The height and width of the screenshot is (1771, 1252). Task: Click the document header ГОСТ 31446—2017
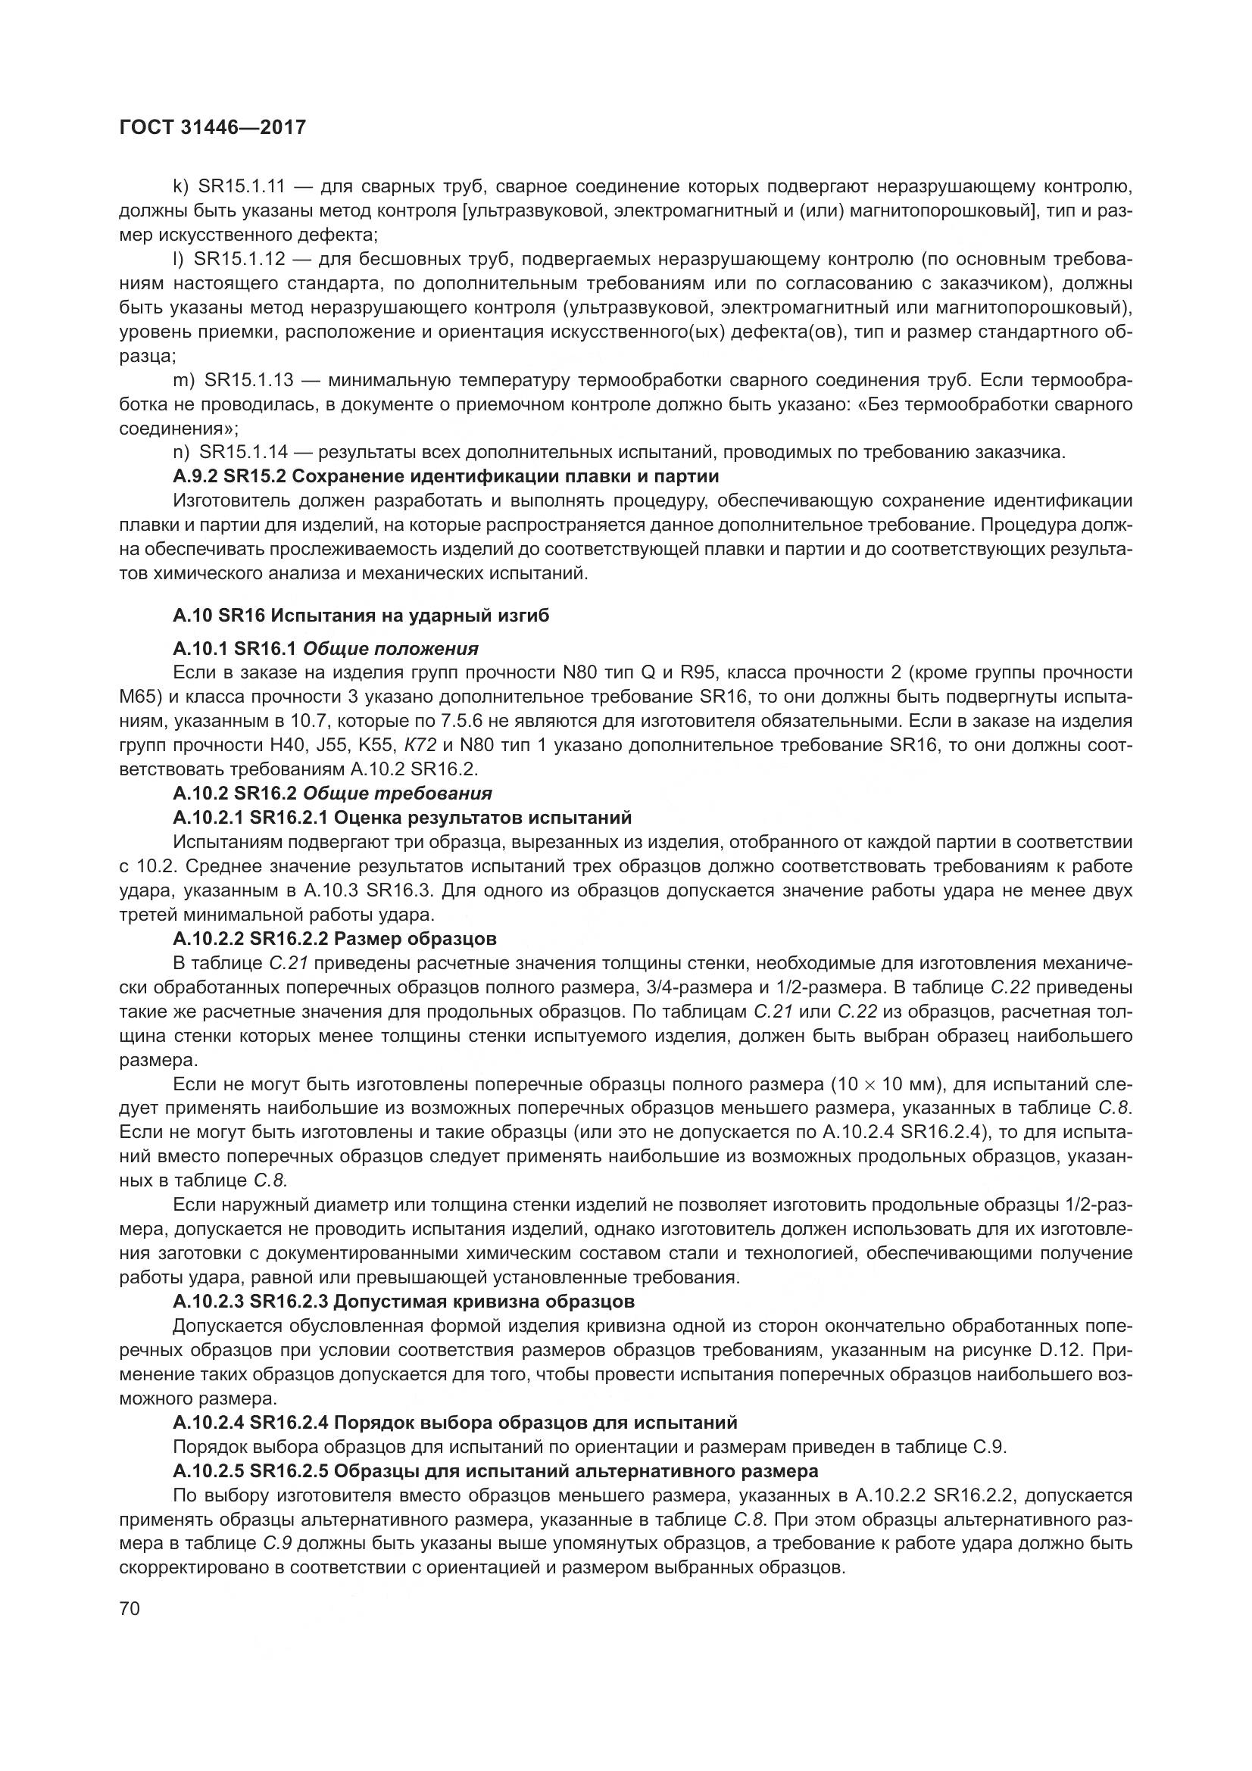click(x=213, y=127)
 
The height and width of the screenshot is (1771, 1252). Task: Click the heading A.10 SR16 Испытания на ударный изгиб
click(x=361, y=616)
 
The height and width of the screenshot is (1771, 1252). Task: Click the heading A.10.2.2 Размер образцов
click(x=335, y=939)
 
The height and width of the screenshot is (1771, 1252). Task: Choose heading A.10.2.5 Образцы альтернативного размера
click(x=495, y=1471)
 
